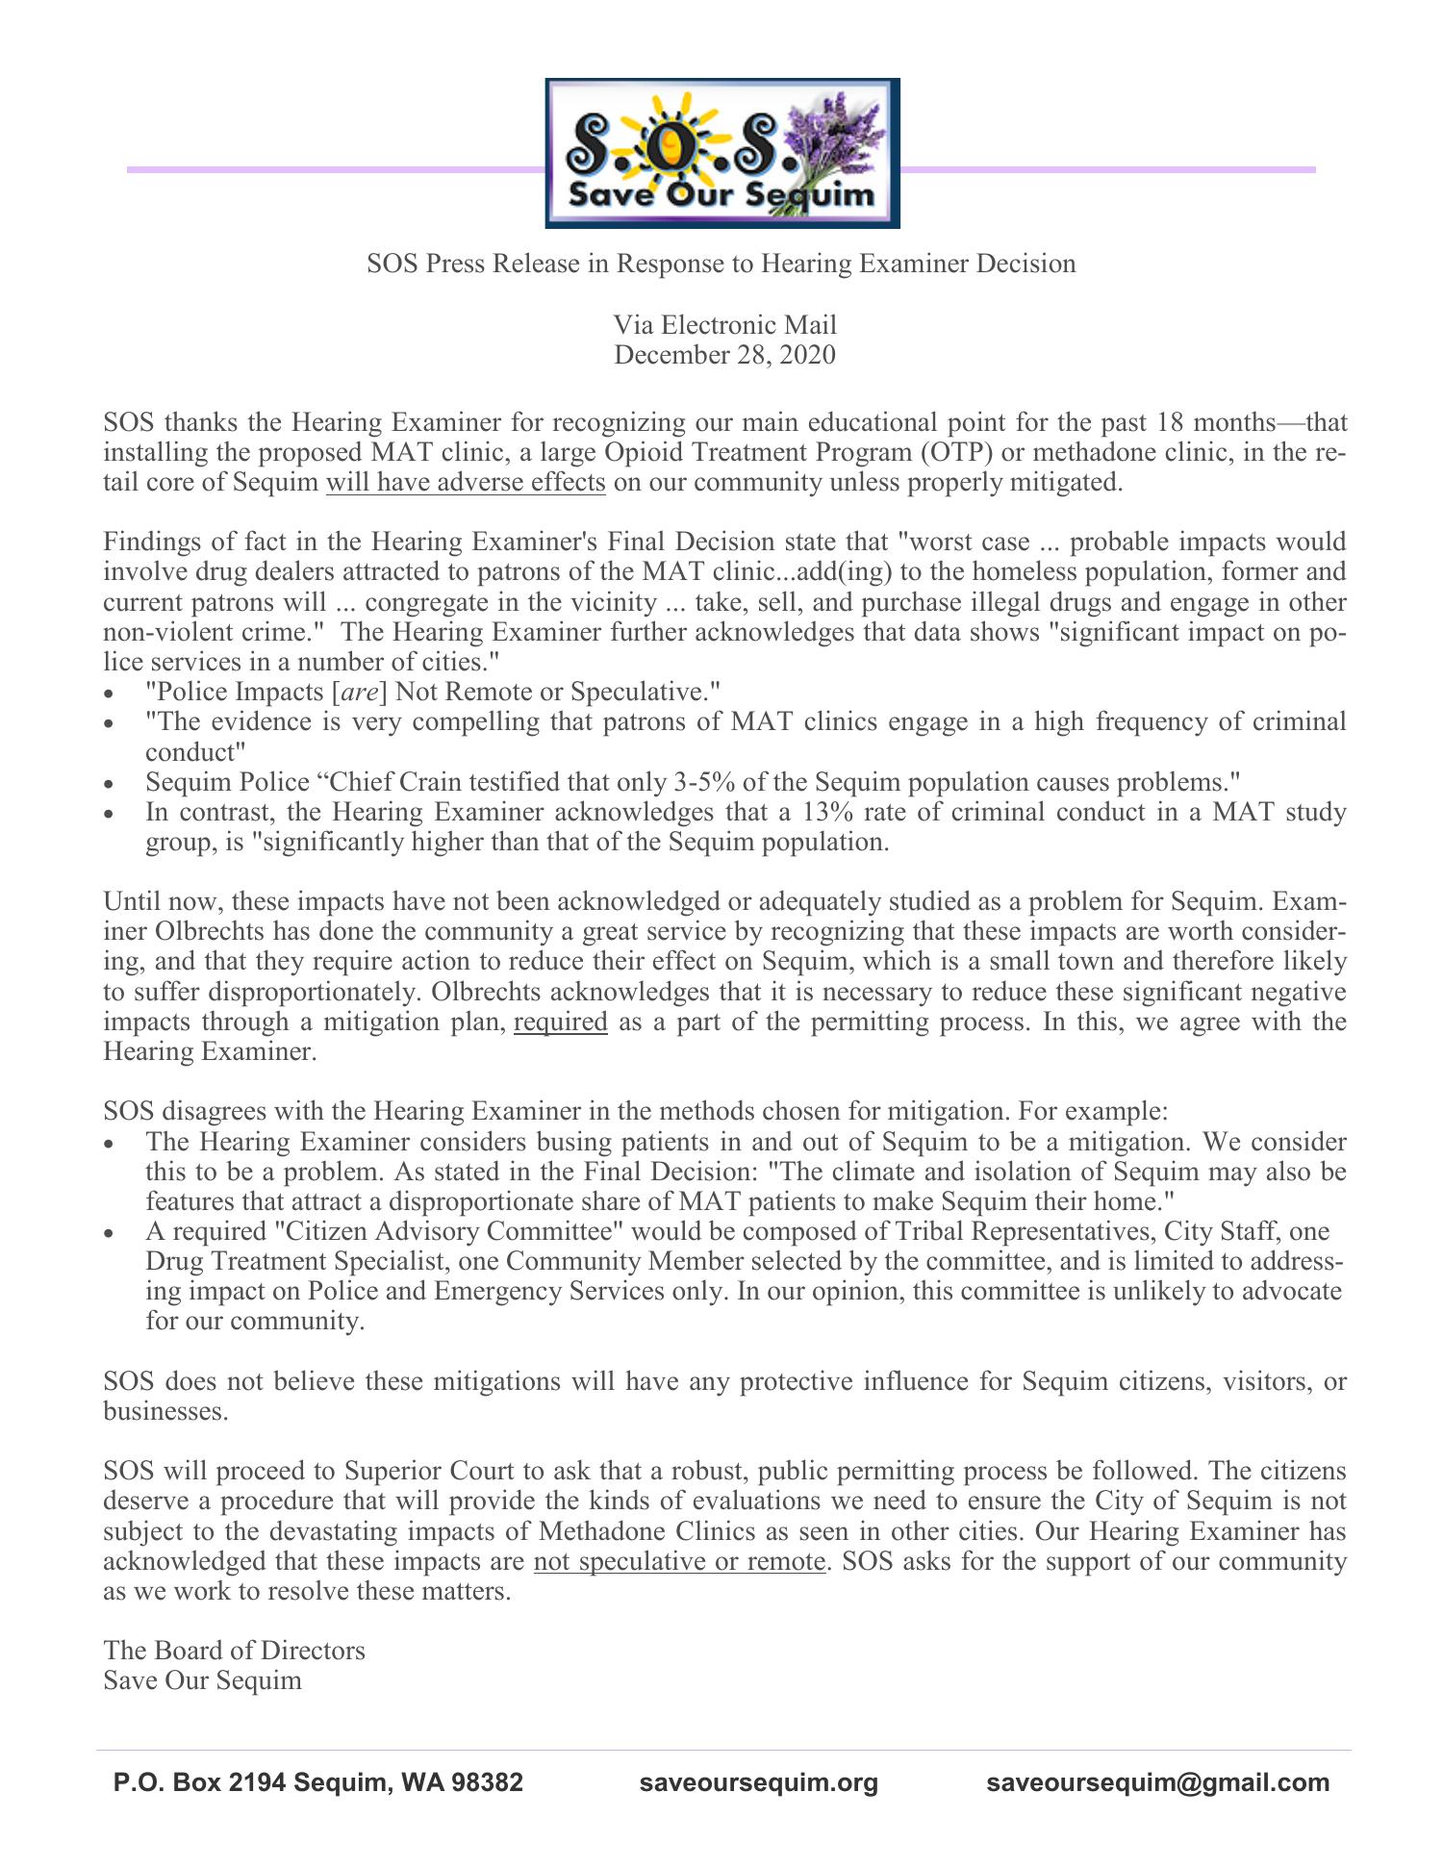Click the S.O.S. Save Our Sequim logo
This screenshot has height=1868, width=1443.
[x=721, y=154]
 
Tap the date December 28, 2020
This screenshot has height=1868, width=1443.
[x=724, y=355]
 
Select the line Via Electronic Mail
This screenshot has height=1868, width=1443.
[x=724, y=325]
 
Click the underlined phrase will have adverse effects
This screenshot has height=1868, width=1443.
[x=466, y=482]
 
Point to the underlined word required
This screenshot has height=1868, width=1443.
[x=561, y=1021]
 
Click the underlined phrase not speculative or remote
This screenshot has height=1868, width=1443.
[x=679, y=1560]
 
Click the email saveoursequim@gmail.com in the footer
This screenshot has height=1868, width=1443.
[x=1157, y=1782]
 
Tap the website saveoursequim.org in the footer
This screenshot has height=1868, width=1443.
[x=759, y=1782]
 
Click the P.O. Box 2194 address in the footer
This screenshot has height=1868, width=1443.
[x=318, y=1782]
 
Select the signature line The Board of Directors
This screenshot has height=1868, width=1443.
[x=234, y=1650]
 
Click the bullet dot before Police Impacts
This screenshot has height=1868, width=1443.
[x=114, y=694]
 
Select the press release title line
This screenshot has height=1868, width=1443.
[x=721, y=264]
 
